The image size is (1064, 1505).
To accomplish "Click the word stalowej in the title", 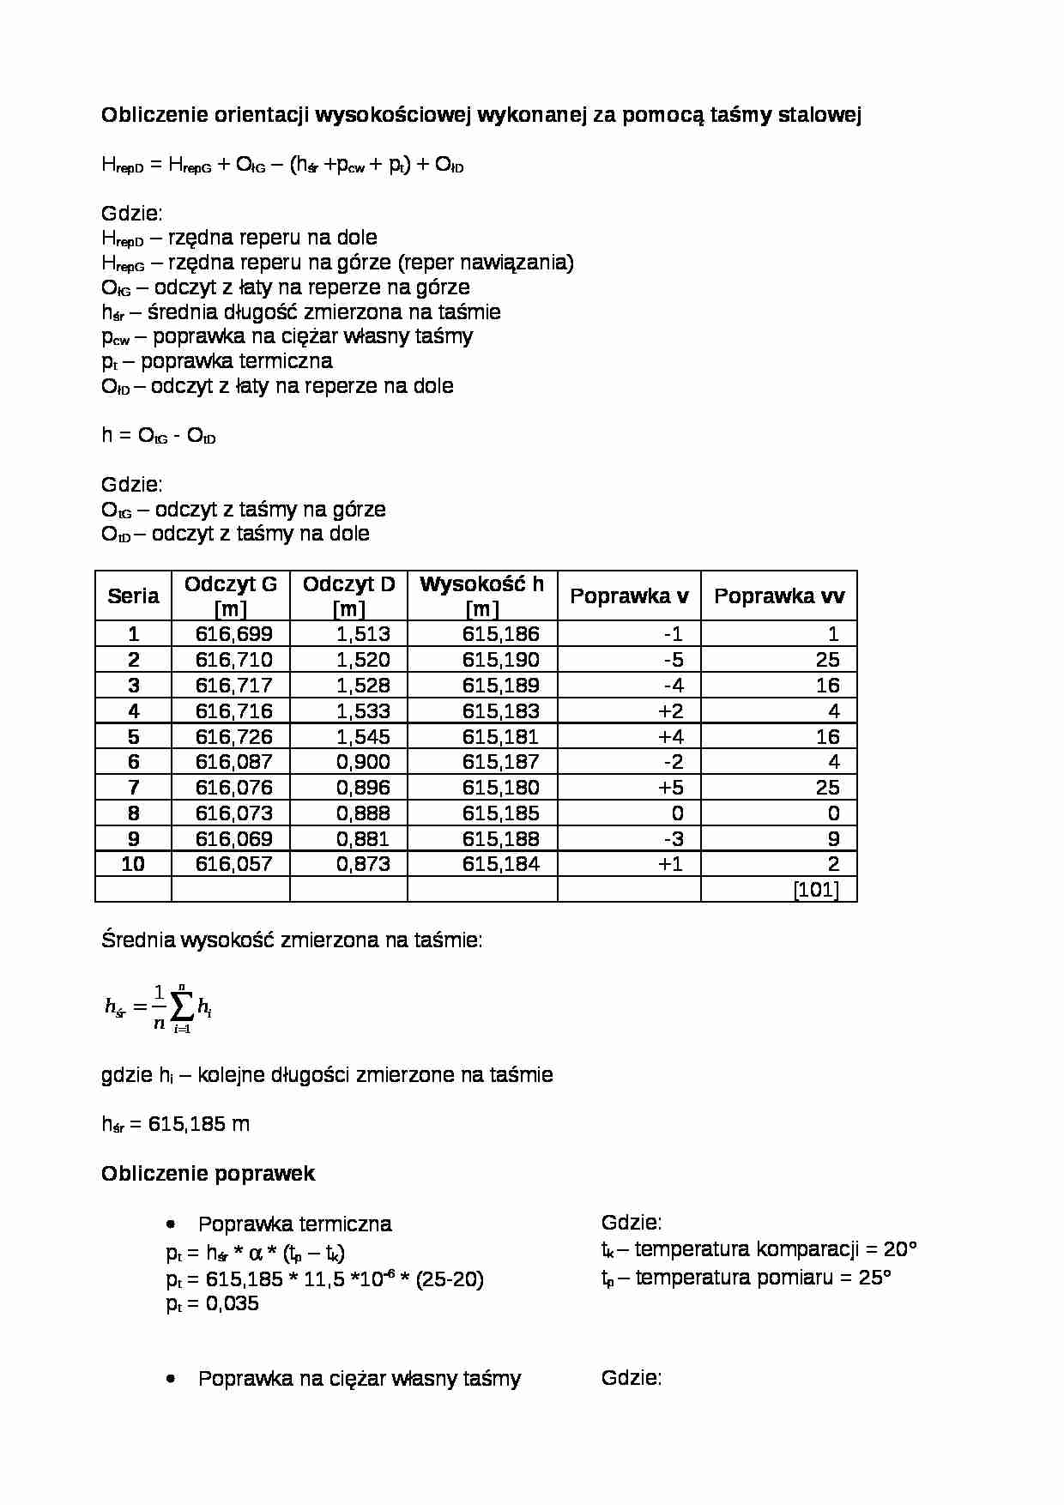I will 819,115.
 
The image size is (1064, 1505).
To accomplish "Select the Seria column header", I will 133,595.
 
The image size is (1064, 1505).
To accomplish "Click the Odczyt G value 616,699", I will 233,634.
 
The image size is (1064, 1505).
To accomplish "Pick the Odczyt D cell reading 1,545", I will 363,736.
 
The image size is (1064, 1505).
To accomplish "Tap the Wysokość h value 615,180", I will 501,788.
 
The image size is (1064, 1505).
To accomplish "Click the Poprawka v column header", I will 629,595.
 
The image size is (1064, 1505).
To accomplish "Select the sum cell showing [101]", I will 816,890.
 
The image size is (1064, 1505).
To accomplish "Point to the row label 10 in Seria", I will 133,864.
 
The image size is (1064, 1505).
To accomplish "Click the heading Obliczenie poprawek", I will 209,1174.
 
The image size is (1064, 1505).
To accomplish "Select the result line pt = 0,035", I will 213,1303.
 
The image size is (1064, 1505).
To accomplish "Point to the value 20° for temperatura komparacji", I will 900,1248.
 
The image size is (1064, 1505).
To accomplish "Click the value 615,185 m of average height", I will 198,1124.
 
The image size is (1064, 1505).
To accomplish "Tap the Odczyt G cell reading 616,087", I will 233,762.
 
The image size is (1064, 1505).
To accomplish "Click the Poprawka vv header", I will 779,595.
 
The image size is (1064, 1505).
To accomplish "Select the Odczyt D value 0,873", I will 363,864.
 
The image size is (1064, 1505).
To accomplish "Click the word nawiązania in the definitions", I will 523,263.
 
